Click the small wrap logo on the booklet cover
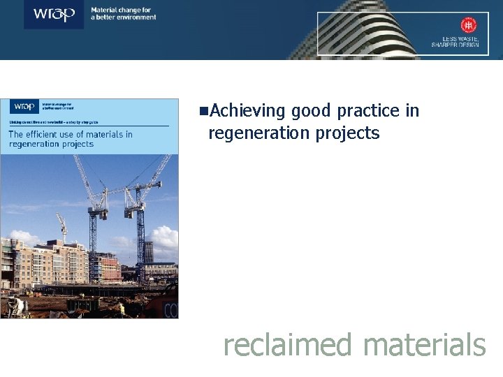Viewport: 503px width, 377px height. point(24,107)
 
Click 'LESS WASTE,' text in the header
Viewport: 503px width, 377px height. point(464,38)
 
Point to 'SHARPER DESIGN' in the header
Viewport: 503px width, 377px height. point(455,45)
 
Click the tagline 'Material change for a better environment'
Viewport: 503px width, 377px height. point(124,13)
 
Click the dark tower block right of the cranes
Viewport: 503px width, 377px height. point(147,252)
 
